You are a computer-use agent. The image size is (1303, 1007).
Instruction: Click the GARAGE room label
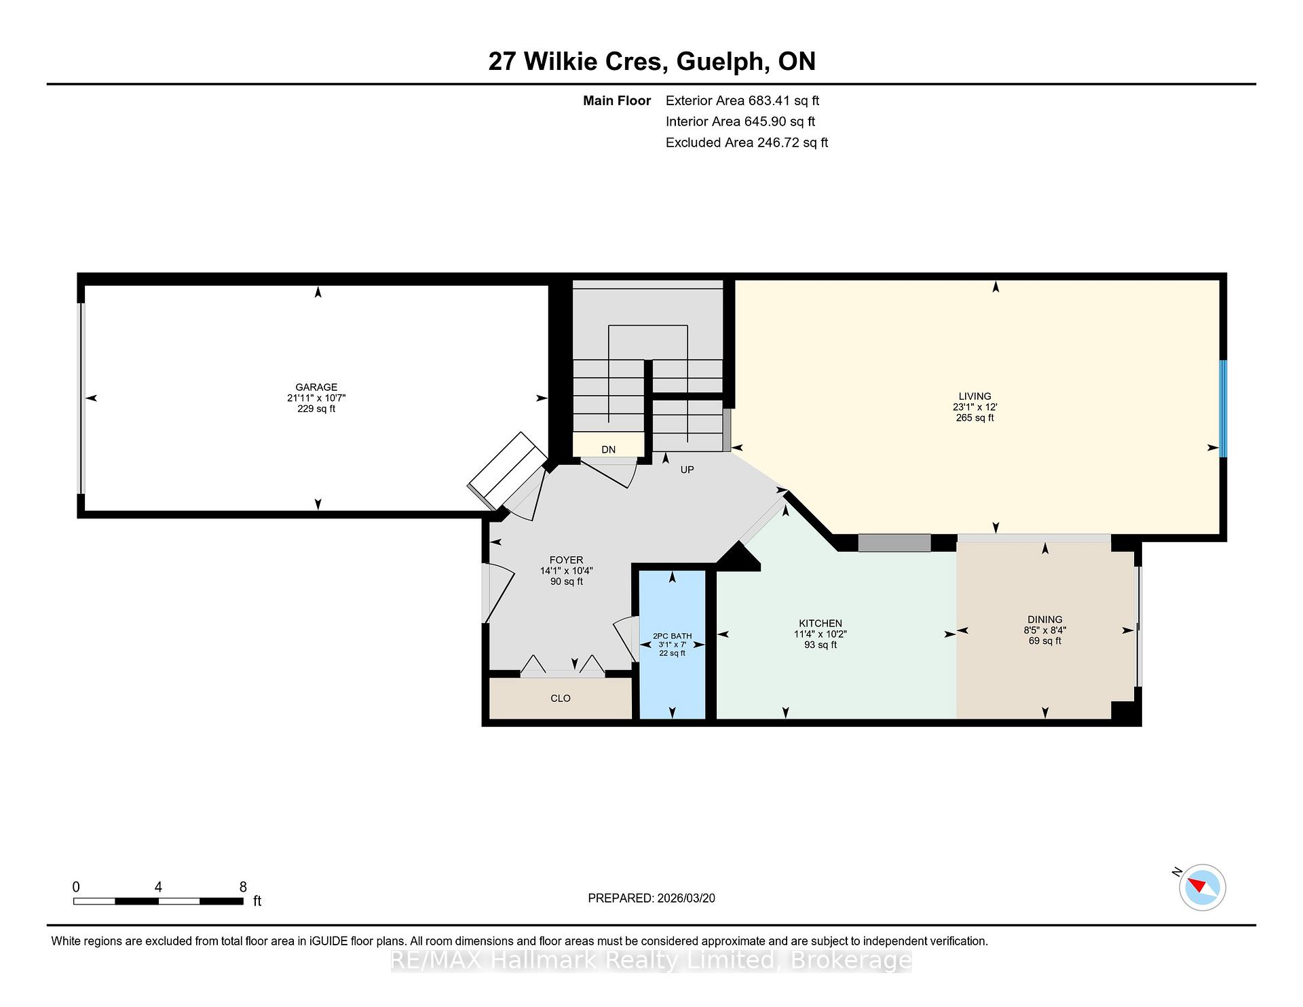pos(316,387)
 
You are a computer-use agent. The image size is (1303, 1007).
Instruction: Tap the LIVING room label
pos(975,396)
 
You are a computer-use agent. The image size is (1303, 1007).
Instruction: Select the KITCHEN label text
pos(820,624)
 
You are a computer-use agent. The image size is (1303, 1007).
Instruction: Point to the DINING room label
pos(1044,620)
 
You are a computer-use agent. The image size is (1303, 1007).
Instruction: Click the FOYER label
pos(566,560)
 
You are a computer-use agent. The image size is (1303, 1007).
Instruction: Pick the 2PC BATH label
pos(672,636)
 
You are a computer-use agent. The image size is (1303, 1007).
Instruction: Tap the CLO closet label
pos(561,698)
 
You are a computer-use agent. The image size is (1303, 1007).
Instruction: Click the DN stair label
pos(608,450)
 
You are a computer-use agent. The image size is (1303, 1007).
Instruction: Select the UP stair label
pos(687,470)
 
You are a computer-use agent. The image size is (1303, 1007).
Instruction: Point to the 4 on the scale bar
pos(158,887)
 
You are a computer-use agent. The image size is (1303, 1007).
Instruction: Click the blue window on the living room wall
pos(1223,408)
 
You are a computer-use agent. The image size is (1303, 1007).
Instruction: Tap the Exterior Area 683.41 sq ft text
pos(742,100)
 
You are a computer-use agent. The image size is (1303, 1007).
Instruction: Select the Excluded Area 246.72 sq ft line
pos(747,142)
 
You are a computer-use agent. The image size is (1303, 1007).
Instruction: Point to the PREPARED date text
pos(651,898)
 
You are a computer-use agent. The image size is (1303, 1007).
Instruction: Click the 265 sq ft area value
pos(975,418)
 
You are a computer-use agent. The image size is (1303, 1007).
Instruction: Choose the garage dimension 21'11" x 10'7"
pos(316,398)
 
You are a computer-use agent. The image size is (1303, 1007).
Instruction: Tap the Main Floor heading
pos(617,101)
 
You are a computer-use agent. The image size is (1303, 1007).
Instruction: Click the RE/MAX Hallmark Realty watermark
pos(651,960)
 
